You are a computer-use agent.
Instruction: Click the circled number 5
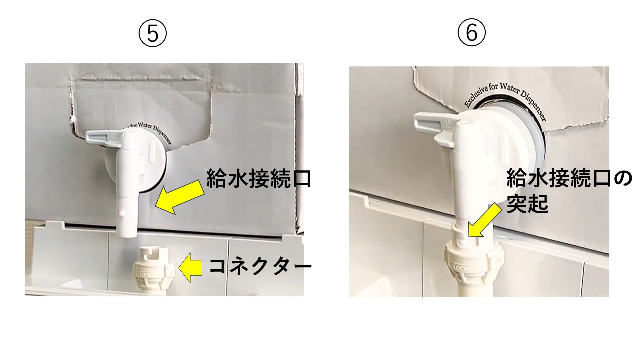pyautogui.click(x=153, y=35)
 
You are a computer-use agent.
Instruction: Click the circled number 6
pyautogui.click(x=471, y=33)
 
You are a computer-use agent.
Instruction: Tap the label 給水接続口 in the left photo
pyautogui.click(x=258, y=178)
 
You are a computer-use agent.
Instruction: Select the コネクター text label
pyautogui.click(x=260, y=266)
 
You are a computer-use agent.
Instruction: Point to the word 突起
pyautogui.click(x=527, y=204)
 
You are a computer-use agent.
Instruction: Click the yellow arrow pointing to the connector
pyautogui.click(x=191, y=267)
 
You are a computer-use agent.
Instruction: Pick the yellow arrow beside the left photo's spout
pyautogui.click(x=179, y=197)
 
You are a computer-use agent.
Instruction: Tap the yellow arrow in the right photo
pyautogui.click(x=484, y=220)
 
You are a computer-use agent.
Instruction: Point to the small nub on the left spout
pyautogui.click(x=122, y=213)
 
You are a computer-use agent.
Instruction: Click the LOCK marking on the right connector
pyautogui.click(x=460, y=268)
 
